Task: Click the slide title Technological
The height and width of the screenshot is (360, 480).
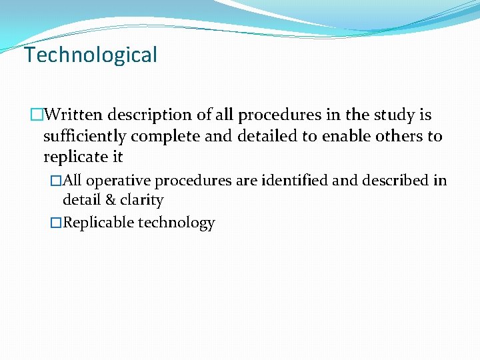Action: coord(91,55)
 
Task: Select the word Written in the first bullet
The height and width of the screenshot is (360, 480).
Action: coord(75,115)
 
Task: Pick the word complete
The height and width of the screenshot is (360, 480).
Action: coord(167,137)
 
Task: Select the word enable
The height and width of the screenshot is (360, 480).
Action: coord(354,137)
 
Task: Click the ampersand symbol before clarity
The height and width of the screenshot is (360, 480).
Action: coord(111,200)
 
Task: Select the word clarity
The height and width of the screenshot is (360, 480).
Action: coord(141,200)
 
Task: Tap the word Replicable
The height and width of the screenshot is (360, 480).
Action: coord(98,223)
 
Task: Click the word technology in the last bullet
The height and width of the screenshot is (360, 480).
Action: coord(176,223)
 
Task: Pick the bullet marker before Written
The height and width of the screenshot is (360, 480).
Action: coord(37,115)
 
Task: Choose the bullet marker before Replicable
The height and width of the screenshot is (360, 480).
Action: coord(57,223)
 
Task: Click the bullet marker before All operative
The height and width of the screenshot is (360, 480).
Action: coord(57,181)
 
